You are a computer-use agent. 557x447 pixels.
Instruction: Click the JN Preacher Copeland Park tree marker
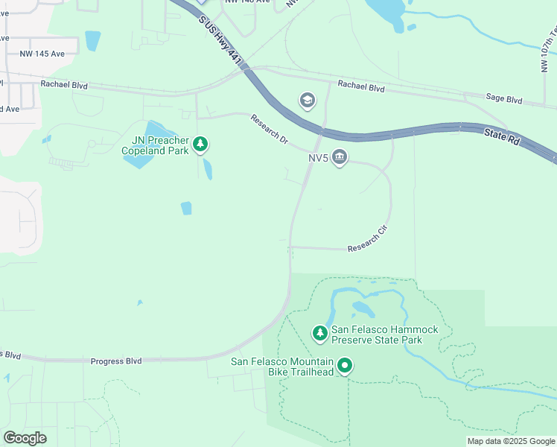point(200,144)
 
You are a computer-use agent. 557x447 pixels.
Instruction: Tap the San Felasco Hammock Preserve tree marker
point(320,333)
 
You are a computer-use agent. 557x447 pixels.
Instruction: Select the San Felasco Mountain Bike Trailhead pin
point(344,366)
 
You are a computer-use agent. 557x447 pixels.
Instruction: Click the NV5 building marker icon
point(340,157)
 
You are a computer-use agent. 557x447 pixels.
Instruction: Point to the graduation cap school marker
point(307,101)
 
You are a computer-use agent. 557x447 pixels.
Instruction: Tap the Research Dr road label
point(269,129)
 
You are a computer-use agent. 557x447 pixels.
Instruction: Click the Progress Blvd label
point(116,361)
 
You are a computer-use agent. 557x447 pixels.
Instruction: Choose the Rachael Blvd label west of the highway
point(64,86)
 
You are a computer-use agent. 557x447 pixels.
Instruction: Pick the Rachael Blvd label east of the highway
point(360,87)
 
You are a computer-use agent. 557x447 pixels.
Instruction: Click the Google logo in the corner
point(25,437)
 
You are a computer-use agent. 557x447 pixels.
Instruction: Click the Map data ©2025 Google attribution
point(511,441)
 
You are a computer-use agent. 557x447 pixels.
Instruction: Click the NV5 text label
point(319,158)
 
